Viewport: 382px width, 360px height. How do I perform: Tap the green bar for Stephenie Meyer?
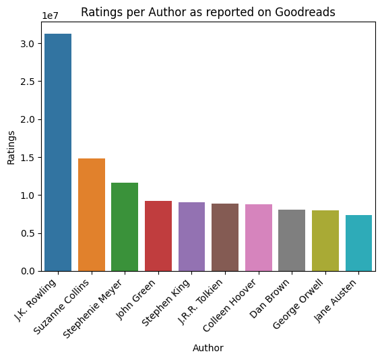(x=125, y=227)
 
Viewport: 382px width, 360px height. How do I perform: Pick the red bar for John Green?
(x=158, y=236)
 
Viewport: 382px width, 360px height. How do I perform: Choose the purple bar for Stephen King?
(x=191, y=237)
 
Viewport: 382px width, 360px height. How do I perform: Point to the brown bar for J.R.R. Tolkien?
(x=225, y=237)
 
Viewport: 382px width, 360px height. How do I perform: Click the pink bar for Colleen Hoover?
(x=259, y=237)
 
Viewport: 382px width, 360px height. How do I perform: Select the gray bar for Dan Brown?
(x=292, y=240)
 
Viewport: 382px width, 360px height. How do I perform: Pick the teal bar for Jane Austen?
(x=358, y=243)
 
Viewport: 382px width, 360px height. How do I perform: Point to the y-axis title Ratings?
(x=11, y=147)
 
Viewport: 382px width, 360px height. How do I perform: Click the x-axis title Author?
(x=208, y=349)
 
